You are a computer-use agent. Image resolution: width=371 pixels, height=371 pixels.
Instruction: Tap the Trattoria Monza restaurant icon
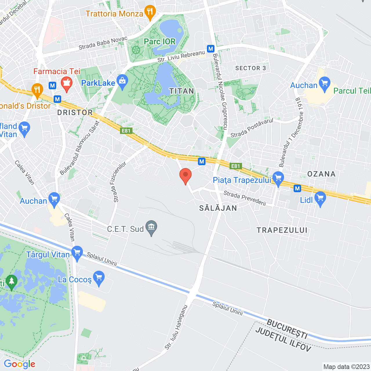pos(150,12)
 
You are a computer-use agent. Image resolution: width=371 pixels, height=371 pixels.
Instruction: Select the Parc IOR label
pos(160,42)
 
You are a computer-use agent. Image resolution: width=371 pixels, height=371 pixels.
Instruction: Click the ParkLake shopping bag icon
pos(122,81)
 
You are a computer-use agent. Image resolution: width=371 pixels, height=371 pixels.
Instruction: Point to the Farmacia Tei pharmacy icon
pos(67,83)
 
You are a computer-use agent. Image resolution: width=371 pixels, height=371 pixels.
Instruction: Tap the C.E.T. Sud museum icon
pos(151,227)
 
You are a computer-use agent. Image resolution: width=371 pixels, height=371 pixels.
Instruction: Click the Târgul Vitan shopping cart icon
pos(77,253)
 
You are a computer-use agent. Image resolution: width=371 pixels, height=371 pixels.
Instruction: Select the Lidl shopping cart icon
pos(320,198)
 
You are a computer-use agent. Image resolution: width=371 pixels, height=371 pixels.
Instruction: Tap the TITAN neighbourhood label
pos(182,91)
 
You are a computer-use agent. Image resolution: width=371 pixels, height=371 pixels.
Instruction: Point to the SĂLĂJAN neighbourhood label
pos(218,208)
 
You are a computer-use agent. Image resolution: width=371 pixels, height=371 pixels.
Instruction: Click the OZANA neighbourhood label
pos(321,174)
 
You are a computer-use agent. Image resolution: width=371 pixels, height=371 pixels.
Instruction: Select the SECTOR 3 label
pos(250,68)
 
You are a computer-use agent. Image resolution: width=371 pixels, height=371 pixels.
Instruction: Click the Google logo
pos(19,364)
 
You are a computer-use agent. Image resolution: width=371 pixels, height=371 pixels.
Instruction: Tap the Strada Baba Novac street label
pos(103,43)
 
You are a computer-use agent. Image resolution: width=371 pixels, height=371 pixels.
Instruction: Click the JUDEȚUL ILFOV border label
pos(283,339)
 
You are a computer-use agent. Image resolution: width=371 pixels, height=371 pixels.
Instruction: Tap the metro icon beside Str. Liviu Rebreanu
pos(211,49)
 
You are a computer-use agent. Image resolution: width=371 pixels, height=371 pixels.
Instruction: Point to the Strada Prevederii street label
pos(245,198)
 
